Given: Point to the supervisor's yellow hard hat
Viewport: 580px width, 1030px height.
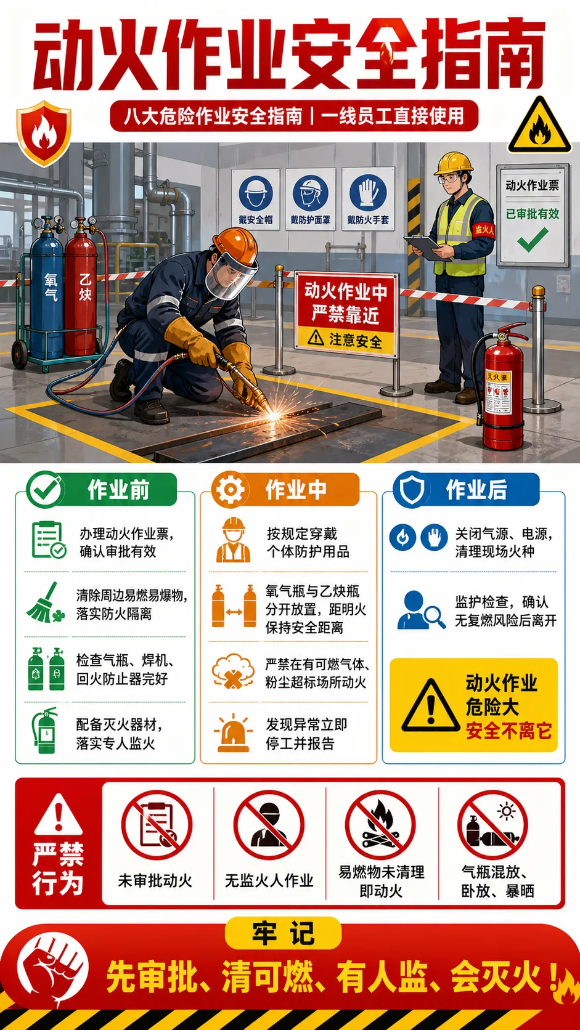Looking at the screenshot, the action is pos(454,163).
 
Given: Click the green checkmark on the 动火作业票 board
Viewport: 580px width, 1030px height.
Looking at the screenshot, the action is pos(533,239).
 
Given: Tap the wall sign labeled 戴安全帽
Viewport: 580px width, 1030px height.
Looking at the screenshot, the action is pos(256,199).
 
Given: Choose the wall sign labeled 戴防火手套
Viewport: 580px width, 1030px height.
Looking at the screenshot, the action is pos(368,199).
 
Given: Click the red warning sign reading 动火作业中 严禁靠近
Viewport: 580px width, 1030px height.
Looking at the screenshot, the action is pos(346,314).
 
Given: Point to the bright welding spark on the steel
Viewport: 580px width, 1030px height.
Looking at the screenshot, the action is pos(273,415).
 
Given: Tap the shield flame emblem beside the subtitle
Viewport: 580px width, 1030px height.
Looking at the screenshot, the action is pos(44,133).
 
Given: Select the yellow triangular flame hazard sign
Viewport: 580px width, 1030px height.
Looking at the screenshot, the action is pos(539,125).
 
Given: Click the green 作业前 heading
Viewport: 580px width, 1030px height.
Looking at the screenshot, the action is pos(118,490).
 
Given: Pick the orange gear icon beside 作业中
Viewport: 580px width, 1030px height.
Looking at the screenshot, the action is pos(230,490).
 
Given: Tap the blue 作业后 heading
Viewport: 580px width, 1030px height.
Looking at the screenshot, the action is pos(476,489).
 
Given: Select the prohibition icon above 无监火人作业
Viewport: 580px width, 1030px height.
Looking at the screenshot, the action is pos(269,825).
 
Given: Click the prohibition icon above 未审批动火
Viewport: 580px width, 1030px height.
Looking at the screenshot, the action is pos(157,825).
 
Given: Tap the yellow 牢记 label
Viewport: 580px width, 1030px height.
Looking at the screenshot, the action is pos(283,933).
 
